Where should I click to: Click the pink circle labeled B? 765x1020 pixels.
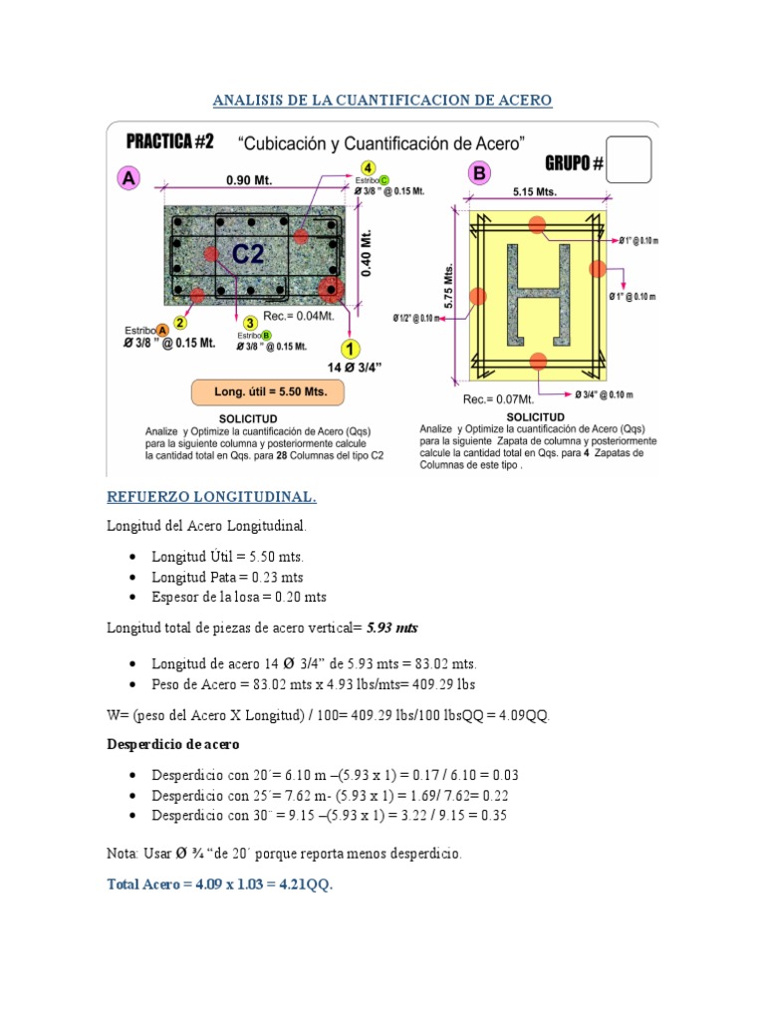click(480, 173)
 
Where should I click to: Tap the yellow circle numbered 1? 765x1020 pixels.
click(350, 348)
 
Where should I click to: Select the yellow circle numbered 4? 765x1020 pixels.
click(369, 166)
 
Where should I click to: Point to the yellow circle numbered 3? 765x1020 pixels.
click(251, 322)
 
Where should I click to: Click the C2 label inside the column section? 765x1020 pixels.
click(248, 254)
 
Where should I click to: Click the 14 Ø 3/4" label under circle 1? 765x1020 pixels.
click(348, 368)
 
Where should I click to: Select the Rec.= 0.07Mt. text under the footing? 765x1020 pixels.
click(494, 398)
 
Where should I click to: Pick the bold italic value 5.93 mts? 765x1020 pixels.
click(392, 629)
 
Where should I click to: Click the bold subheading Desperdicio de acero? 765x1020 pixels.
click(173, 744)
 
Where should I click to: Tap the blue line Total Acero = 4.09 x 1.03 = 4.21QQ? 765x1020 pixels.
click(219, 884)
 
